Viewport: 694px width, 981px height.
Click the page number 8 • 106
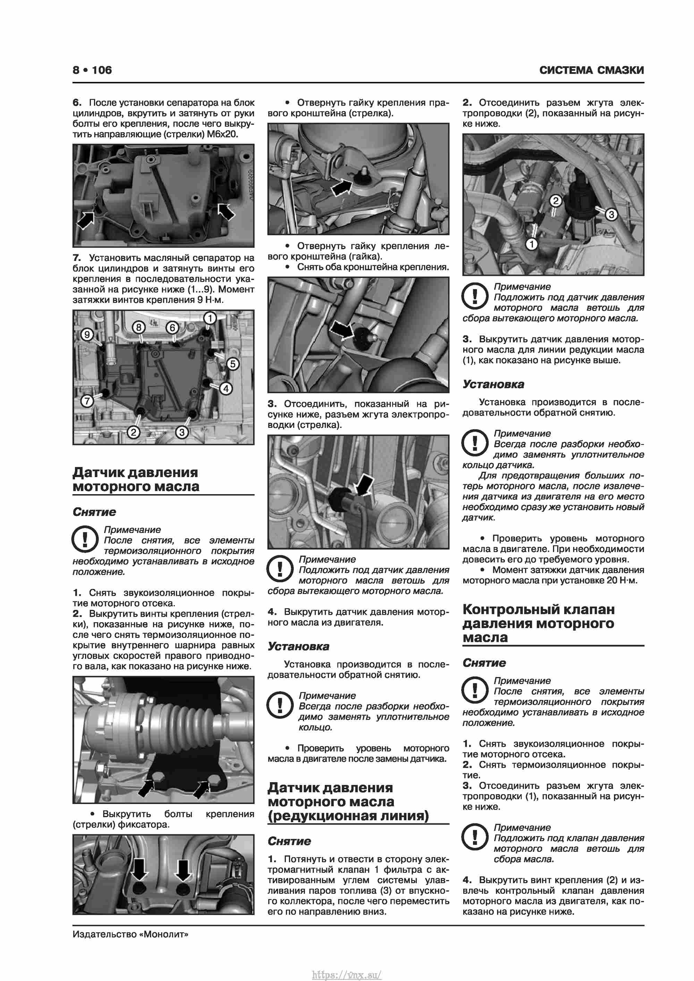pos(92,70)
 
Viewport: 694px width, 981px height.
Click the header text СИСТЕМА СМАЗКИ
pos(591,70)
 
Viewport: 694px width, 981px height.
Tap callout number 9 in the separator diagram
pos(87,334)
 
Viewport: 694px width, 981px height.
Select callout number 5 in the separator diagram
pos(232,364)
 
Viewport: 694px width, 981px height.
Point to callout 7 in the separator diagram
pos(87,401)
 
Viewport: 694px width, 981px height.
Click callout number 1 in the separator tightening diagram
pos(210,318)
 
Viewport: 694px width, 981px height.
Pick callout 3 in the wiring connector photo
pos(611,214)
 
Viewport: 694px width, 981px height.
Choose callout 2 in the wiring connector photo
pos(555,200)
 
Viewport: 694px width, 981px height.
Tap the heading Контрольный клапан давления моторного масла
pos(539,623)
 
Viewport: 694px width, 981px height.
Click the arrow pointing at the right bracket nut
pos(342,187)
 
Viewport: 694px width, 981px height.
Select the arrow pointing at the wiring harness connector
pos(364,484)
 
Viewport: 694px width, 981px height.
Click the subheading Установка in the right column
pos(493,384)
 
